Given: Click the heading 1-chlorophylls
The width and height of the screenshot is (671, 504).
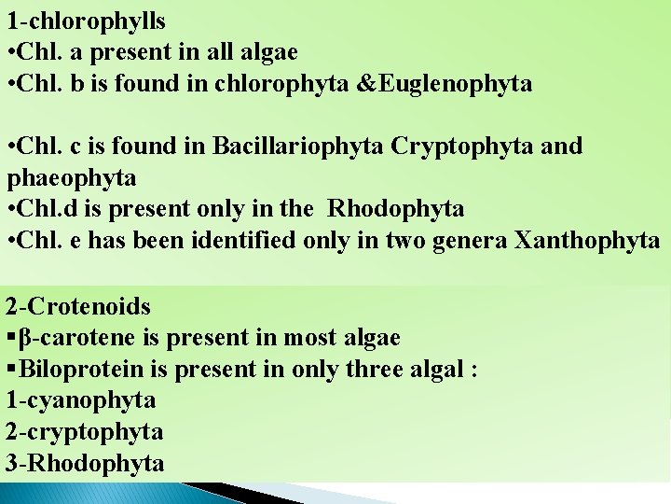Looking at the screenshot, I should coord(86,21).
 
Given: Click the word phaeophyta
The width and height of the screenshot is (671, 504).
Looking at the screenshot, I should coord(71,177).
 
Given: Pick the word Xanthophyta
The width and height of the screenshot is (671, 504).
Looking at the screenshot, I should coord(583,240).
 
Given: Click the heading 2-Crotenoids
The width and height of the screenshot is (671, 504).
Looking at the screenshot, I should coord(77,306).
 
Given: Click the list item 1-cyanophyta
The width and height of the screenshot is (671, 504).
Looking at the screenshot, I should coord(81,400).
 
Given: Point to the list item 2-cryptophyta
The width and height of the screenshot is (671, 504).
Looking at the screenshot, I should coord(85,432).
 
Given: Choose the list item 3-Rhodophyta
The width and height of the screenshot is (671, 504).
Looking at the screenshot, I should coord(85,463).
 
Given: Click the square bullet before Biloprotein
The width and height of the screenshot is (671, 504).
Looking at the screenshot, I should coord(10,369).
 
